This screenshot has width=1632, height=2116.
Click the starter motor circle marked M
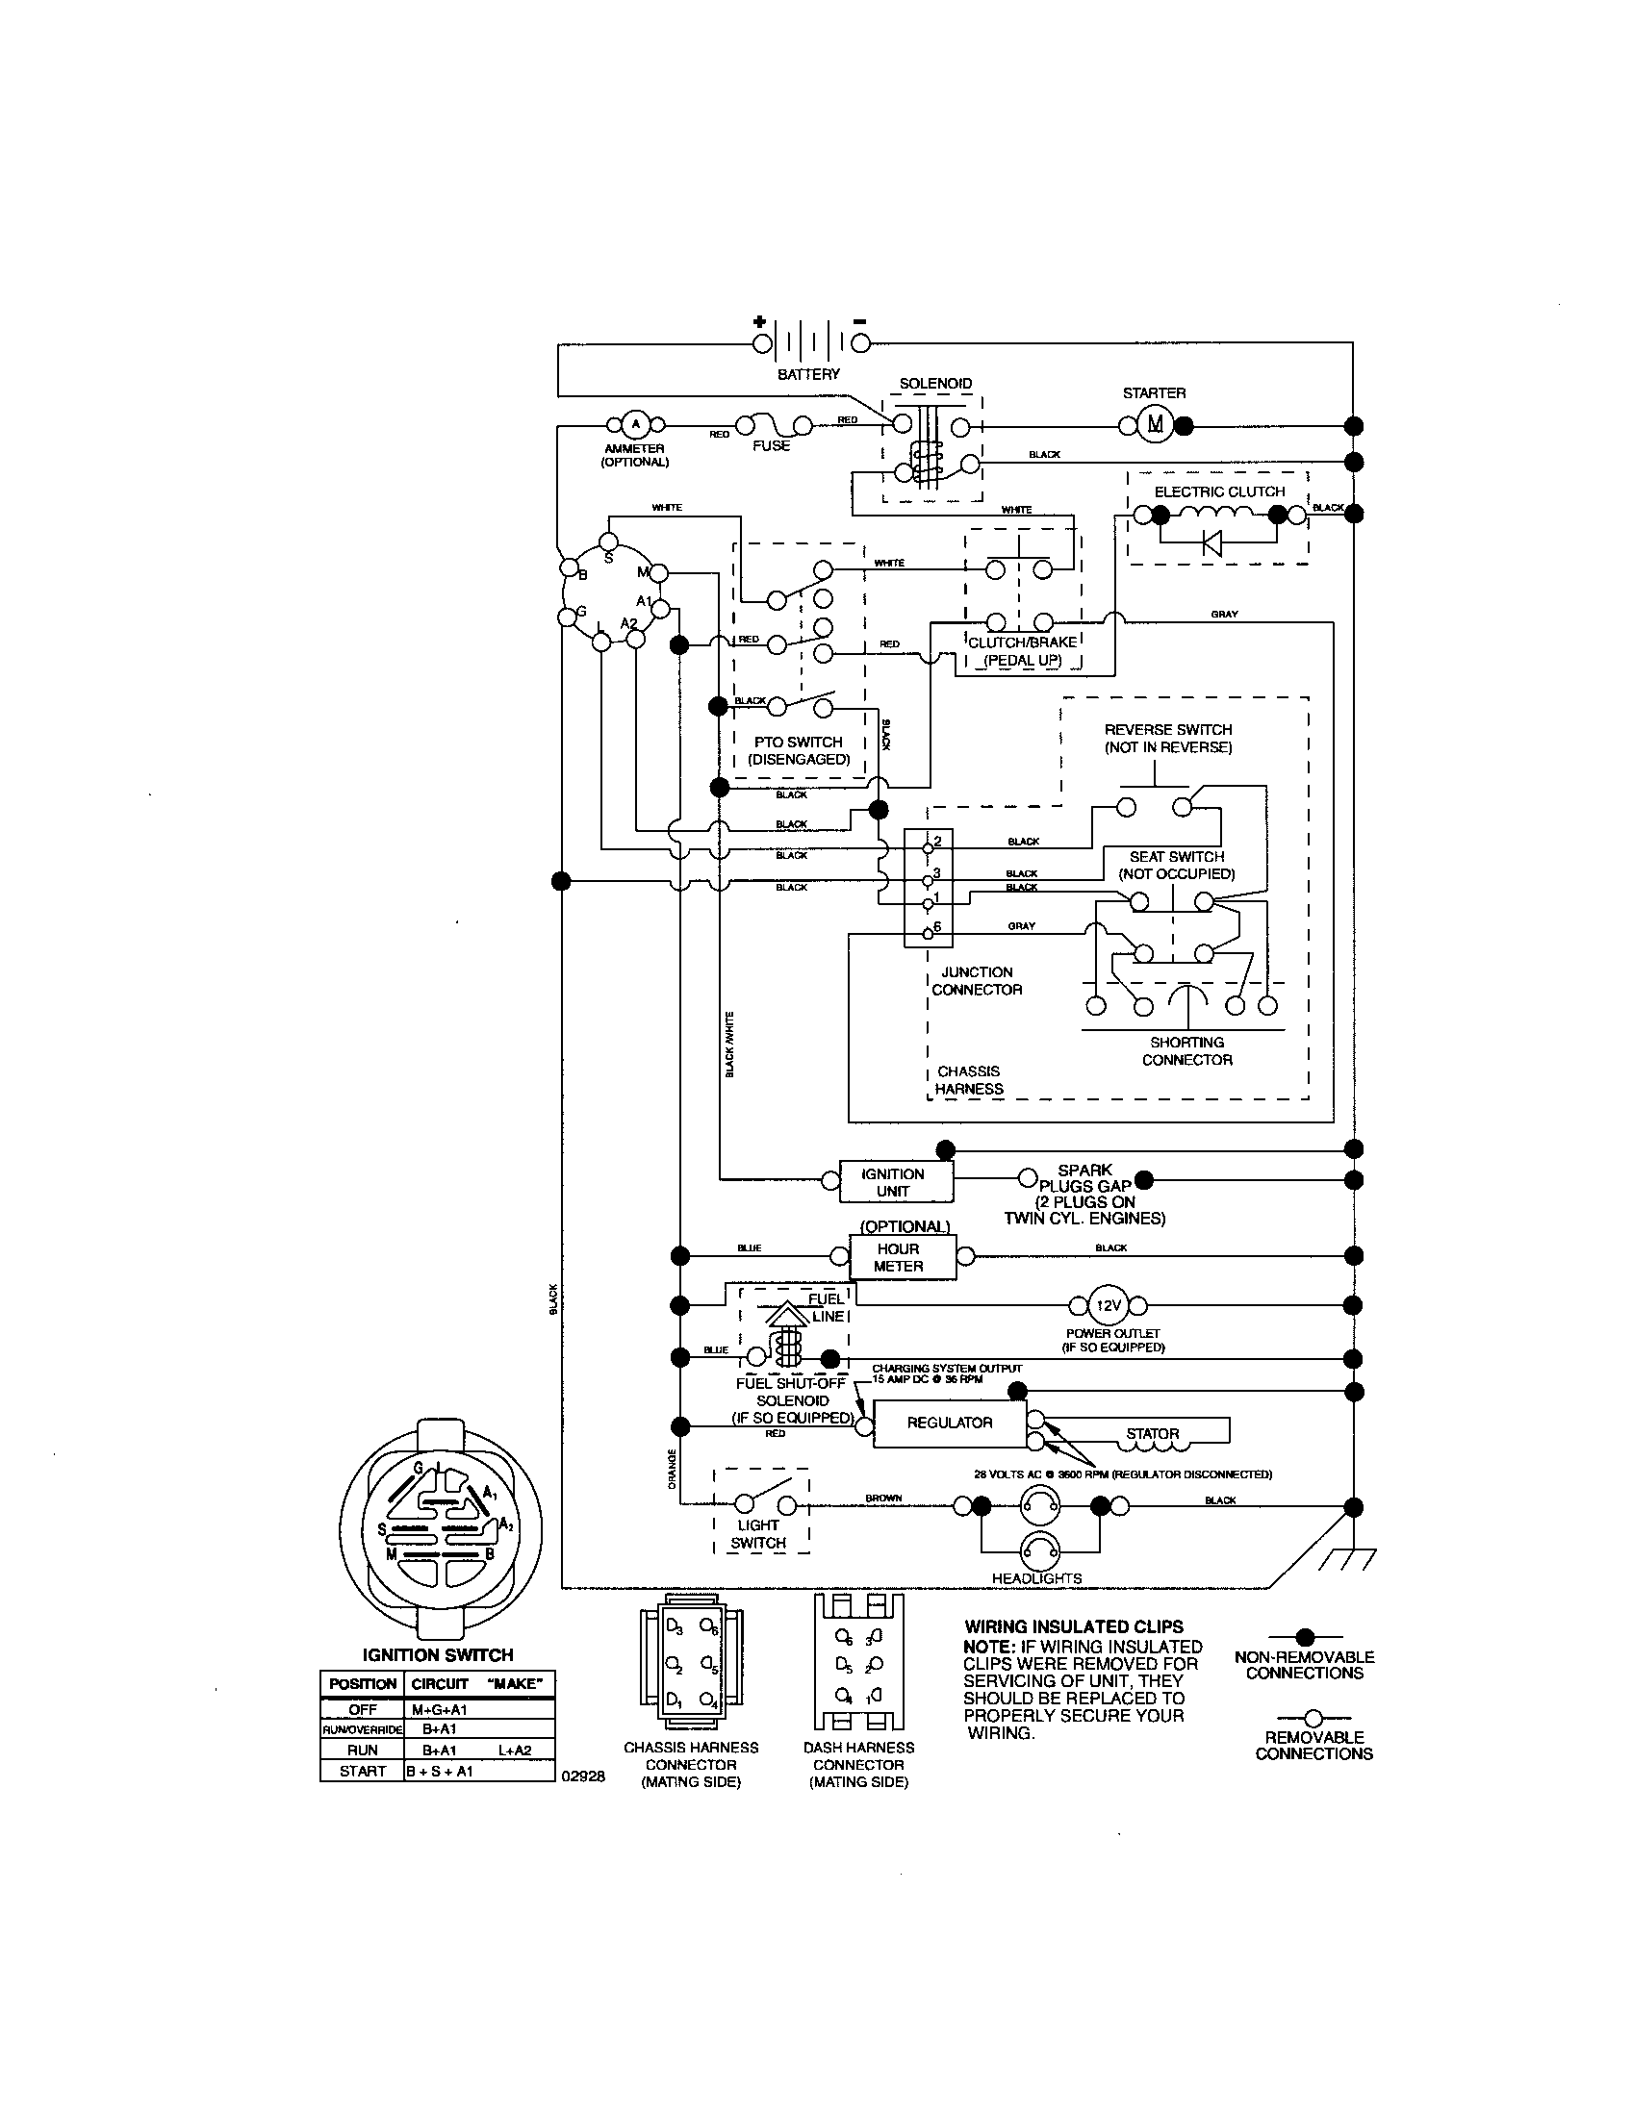1153,424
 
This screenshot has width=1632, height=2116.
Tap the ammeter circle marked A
636,424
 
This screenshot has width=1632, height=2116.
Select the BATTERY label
808,374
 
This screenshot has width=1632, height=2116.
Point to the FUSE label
772,445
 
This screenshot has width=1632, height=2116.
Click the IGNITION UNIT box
895,1181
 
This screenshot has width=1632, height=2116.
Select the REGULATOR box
949,1423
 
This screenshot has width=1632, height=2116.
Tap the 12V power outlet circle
1108,1305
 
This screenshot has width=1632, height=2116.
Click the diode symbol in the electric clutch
1211,543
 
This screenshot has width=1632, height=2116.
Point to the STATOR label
1152,1433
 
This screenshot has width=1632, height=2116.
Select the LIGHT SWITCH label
759,1534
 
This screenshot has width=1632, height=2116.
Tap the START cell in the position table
363,1771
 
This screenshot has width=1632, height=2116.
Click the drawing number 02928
582,1776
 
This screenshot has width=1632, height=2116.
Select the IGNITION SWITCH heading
437,1655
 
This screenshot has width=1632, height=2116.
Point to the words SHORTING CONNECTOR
1186,1051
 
